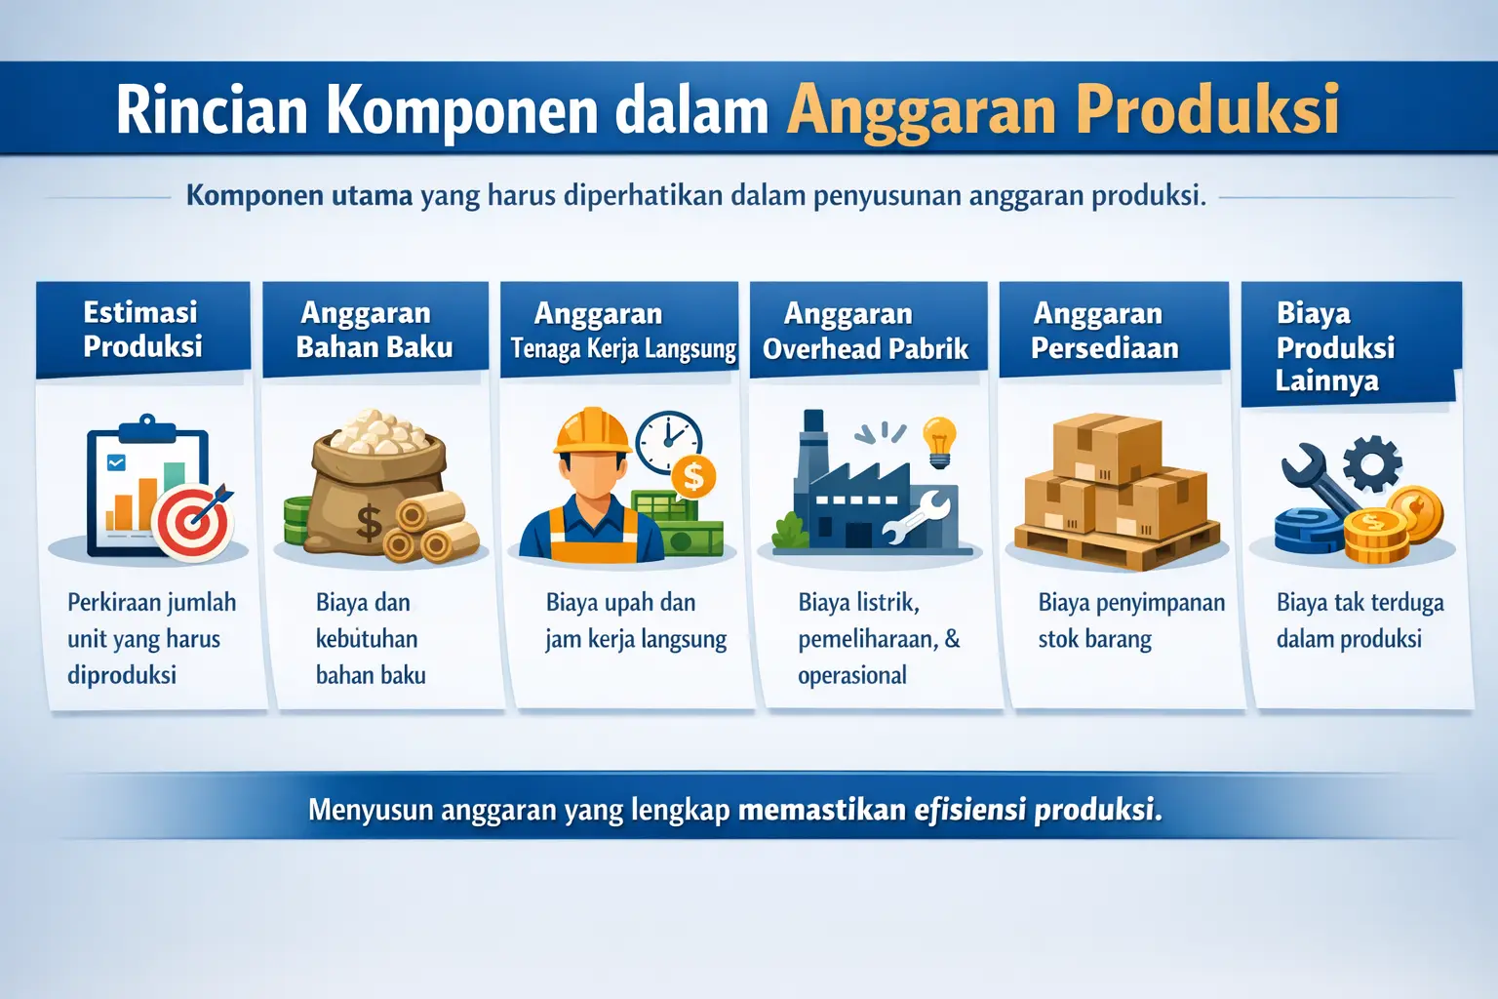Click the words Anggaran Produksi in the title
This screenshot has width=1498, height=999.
[x=1063, y=109]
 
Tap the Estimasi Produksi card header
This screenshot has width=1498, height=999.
[x=142, y=330]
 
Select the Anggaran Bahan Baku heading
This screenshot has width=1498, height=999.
[x=374, y=331]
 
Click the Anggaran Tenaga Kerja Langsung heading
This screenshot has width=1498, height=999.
[x=622, y=332]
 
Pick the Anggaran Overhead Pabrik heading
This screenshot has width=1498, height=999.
[x=865, y=332]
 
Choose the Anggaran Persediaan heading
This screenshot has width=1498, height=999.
[x=1104, y=331]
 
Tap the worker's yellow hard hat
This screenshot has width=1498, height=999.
[x=592, y=431]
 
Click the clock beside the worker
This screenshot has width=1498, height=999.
[x=669, y=442]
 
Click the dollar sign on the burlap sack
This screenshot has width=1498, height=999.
[x=369, y=522]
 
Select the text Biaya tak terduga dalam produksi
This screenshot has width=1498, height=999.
[x=1360, y=620]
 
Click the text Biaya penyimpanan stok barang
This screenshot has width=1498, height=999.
[x=1130, y=620]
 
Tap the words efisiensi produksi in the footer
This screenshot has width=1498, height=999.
[x=1038, y=810]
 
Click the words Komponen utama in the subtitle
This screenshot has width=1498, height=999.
[x=299, y=195]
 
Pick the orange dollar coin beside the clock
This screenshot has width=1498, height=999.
[x=693, y=477]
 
